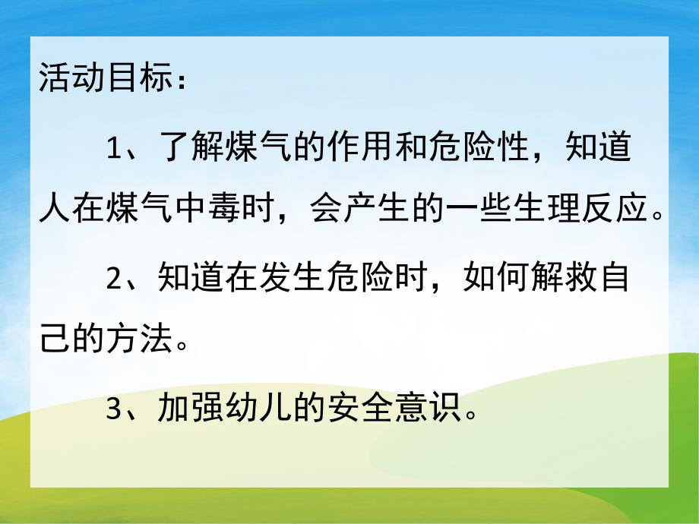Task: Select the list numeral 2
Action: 113,279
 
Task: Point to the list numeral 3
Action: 113,409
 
